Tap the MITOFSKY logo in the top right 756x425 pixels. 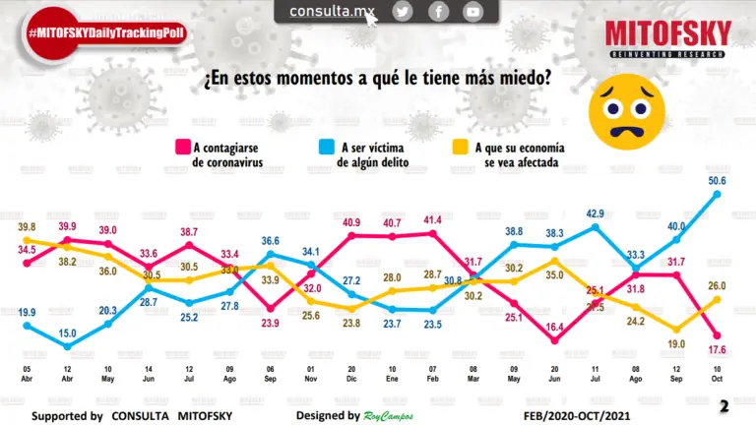click(669, 40)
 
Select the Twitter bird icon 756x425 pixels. click(402, 12)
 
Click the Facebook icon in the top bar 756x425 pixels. click(438, 12)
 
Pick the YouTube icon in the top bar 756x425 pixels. click(473, 12)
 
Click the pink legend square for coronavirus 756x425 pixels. click(183, 148)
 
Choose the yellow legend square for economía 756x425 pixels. click(460, 148)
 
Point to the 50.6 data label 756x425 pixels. click(717, 180)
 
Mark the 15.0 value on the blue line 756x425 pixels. click(67, 334)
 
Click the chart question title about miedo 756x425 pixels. click(376, 78)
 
